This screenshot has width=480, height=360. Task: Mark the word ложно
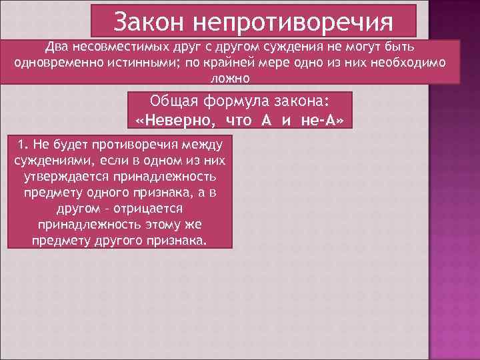pyautogui.click(x=230, y=78)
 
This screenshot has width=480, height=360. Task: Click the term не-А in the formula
pyautogui.click(x=323, y=120)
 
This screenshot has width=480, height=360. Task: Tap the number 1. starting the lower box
pyautogui.click(x=24, y=145)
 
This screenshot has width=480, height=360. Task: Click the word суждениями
pyautogui.click(x=49, y=161)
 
